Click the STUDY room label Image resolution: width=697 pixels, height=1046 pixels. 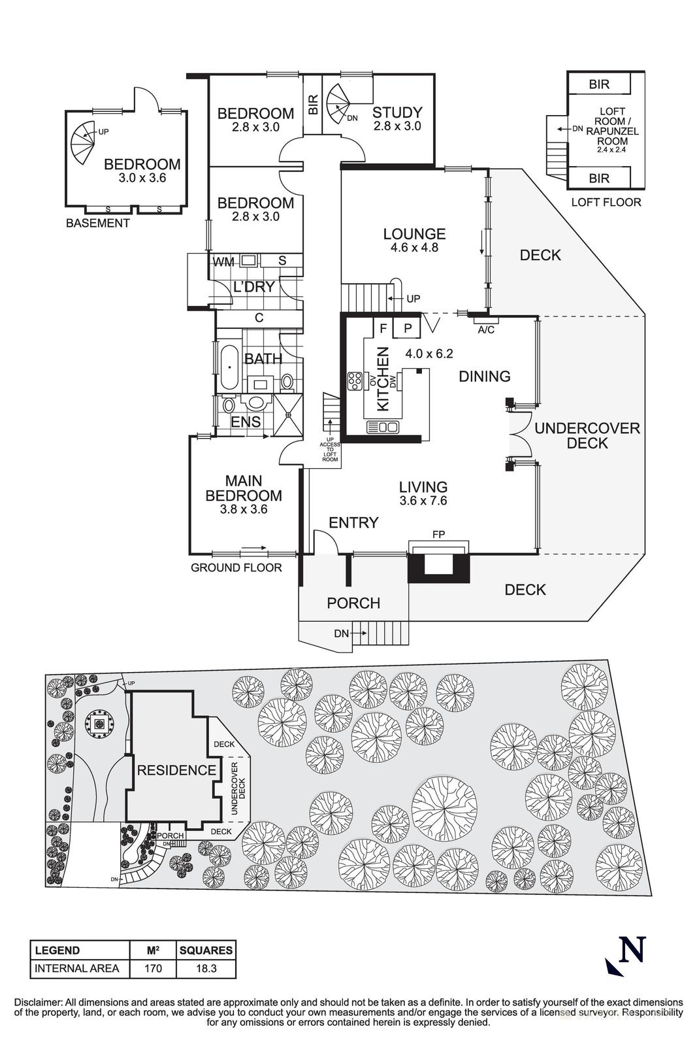[397, 112]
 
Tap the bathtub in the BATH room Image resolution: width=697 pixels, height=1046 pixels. [229, 367]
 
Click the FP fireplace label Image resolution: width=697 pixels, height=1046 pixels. [438, 535]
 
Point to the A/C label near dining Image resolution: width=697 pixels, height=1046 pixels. [486, 329]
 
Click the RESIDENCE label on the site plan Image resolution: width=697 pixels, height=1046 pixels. [176, 770]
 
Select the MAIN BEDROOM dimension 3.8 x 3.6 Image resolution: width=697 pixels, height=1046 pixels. [244, 509]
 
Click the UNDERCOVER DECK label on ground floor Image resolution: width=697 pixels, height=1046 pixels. [587, 435]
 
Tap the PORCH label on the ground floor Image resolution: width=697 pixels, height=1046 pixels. [353, 603]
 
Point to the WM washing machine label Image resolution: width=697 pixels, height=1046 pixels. [223, 261]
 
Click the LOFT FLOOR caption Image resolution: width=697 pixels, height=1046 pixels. [606, 202]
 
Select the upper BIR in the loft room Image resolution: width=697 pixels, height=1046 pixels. [598, 84]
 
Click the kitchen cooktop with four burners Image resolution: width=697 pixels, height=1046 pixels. [355, 379]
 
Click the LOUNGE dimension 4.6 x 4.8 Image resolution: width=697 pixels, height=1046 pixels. [414, 248]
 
